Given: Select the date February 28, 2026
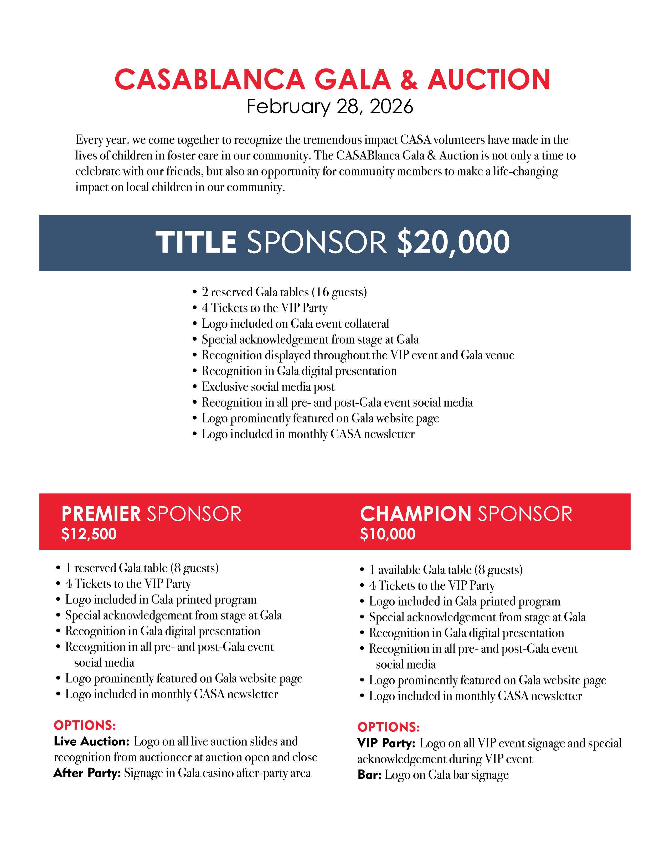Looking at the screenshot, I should [x=330, y=106].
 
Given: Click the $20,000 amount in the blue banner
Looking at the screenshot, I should [x=453, y=242].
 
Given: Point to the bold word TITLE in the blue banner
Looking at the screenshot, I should [x=196, y=242].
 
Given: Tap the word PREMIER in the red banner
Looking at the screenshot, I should [x=101, y=514].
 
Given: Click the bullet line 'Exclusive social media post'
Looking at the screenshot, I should [x=268, y=387].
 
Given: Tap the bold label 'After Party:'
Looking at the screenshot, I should [x=87, y=773].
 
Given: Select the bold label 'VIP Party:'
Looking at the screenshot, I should [x=386, y=743].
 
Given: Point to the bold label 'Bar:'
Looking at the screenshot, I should [x=369, y=775].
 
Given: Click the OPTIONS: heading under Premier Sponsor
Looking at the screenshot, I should [x=85, y=725].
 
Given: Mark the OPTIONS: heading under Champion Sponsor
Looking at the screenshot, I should [x=388, y=727].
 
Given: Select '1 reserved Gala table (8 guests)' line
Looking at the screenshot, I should [x=142, y=568].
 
